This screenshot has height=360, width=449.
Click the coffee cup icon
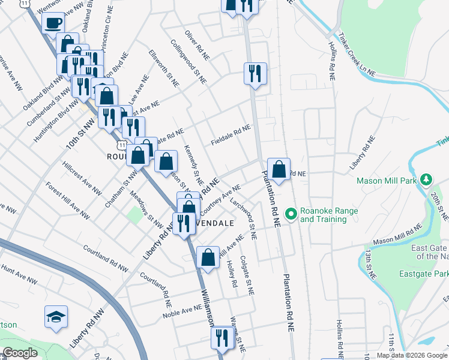53,22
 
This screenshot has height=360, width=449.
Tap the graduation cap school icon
56,317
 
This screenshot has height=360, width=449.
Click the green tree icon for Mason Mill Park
426,179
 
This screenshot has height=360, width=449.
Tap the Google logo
20,353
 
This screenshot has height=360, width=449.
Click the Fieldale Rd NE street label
231,135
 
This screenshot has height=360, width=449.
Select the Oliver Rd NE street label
196,45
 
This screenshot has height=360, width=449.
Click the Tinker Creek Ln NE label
356,54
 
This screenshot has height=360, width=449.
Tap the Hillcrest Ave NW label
82,178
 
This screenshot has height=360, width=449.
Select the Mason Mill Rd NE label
397,235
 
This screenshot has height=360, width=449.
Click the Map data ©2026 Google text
412,355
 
